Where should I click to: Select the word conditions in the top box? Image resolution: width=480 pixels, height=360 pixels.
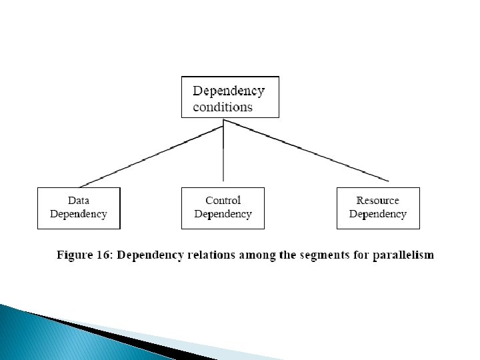[223, 107]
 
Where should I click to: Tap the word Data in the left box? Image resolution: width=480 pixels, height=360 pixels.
[79, 201]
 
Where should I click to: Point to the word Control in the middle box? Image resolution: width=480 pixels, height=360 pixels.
[223, 201]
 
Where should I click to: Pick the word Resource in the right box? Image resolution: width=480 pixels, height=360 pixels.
[378, 201]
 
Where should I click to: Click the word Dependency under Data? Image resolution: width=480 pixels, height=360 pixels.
[79, 214]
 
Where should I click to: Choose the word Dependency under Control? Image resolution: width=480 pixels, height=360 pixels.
[223, 214]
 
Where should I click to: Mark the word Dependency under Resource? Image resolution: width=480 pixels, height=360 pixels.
[378, 214]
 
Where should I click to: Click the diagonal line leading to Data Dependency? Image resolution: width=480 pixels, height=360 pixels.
[151, 157]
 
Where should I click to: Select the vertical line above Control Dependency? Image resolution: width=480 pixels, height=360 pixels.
[223, 150]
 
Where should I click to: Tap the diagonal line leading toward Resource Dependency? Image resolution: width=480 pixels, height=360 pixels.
[306, 150]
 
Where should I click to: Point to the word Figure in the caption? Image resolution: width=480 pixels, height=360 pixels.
[75, 255]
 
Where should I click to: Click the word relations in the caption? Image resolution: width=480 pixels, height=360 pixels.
[211, 255]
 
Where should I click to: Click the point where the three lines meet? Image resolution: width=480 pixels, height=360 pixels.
[223, 120]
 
